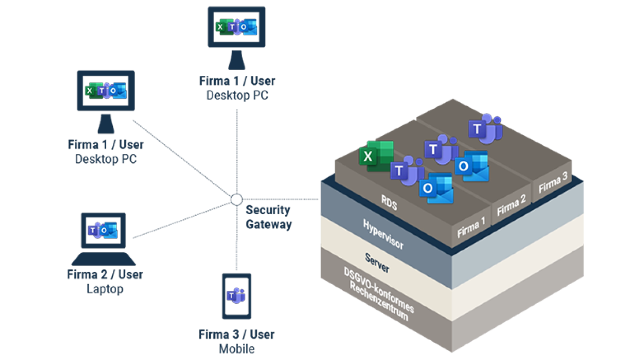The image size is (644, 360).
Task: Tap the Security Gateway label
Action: tap(269, 217)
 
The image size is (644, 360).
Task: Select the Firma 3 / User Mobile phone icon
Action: tap(237, 296)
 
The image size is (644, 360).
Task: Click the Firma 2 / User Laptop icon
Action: tap(103, 238)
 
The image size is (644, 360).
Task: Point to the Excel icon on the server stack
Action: tap(376, 156)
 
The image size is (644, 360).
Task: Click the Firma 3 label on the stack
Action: tap(553, 182)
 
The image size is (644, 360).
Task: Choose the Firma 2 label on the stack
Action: tap(511, 205)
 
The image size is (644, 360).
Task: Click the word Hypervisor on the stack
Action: tap(383, 234)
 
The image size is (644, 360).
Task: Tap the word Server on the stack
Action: tap(377, 263)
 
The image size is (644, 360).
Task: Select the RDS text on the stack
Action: tap(389, 202)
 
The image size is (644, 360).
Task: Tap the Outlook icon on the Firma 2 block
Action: tap(472, 166)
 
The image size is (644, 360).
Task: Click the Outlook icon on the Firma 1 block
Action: tap(436, 188)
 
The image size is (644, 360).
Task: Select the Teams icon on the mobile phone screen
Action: tap(236, 296)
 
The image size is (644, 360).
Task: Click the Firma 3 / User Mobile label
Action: tap(237, 341)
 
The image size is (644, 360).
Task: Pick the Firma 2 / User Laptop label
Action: tap(105, 281)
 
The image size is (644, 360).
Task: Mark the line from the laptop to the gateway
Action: tap(181, 221)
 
